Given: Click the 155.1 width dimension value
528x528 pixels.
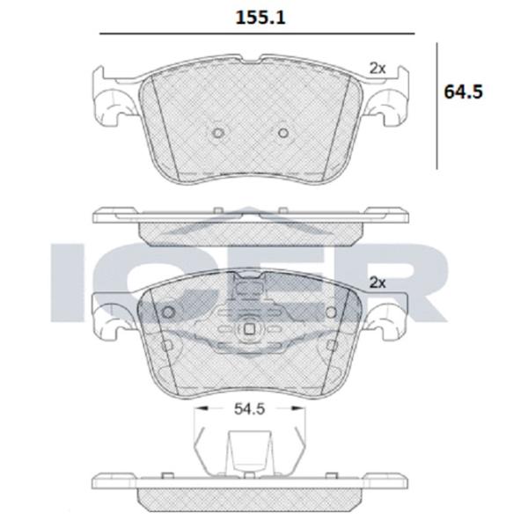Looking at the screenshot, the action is point(260,18).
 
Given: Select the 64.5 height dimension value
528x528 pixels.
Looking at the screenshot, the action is point(464,92).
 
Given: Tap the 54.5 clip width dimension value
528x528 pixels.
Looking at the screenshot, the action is point(250,409).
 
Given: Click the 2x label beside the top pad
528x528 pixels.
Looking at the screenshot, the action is point(378,69).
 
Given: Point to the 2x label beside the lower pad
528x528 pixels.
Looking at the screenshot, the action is point(378,282).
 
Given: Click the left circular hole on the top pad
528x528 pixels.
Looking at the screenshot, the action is point(218,133).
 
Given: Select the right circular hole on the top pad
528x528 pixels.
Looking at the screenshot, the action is point(283,133).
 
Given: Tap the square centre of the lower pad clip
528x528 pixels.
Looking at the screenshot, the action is point(249,329).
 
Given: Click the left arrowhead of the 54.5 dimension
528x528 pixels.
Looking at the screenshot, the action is point(202,408).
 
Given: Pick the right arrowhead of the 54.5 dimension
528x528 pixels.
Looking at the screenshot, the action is point(297,408).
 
